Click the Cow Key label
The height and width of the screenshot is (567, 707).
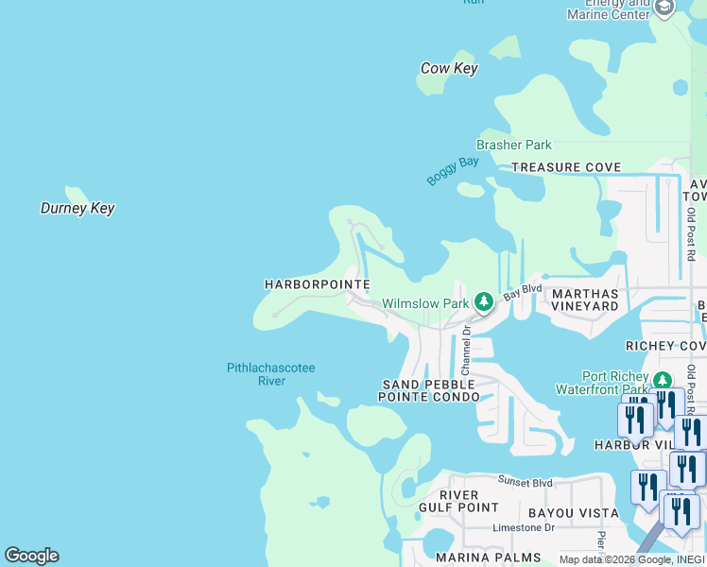(x=449, y=68)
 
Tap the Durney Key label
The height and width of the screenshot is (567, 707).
(x=78, y=208)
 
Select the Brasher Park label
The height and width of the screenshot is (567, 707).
(x=513, y=145)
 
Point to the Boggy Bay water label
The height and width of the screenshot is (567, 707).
(x=453, y=170)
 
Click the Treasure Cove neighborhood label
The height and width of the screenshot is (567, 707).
(x=566, y=167)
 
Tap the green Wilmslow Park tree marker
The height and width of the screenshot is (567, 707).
(x=484, y=302)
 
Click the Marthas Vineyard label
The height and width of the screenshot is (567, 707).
(x=584, y=300)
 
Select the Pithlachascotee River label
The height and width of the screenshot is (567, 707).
(x=270, y=374)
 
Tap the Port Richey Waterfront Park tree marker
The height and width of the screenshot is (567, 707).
(x=662, y=380)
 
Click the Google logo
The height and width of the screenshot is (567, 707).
(x=31, y=556)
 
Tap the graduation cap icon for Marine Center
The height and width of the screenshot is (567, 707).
(x=664, y=8)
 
